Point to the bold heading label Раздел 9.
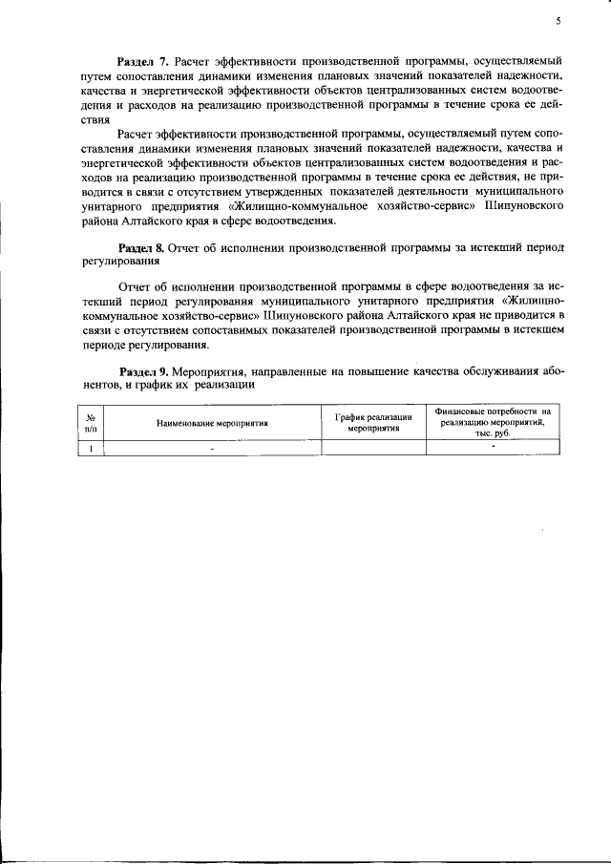click(x=144, y=371)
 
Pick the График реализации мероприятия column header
click(x=373, y=421)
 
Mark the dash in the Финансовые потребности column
click(x=493, y=446)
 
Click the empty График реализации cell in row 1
click(x=373, y=447)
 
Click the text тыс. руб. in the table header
click(x=493, y=432)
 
